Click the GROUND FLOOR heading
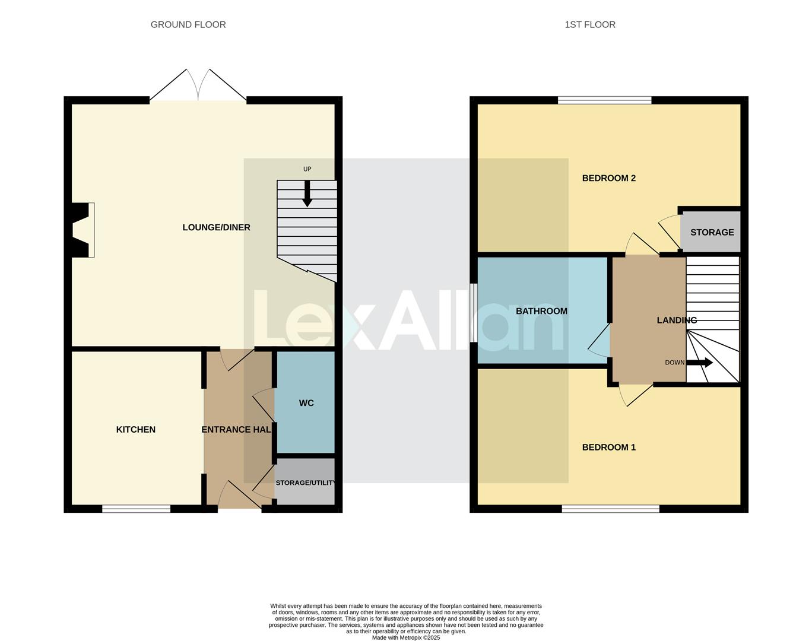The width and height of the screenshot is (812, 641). tap(188, 24)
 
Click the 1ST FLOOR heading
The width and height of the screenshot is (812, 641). tap(589, 24)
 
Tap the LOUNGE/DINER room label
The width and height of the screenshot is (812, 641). tap(216, 227)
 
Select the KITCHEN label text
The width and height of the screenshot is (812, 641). tap(135, 430)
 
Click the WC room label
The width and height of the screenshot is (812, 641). tap(306, 403)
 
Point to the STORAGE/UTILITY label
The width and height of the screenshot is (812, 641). tap(305, 483)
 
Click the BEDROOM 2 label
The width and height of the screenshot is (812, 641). tap(608, 178)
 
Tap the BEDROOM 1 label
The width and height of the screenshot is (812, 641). tap(608, 448)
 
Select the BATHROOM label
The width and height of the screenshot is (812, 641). tap(541, 311)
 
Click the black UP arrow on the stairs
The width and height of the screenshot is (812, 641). tap(307, 193)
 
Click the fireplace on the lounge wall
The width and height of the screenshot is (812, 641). tap(83, 230)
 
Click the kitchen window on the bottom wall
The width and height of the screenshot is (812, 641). tap(136, 509)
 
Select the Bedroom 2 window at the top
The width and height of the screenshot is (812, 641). tap(604, 100)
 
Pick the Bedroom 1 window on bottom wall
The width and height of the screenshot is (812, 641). tap(610, 509)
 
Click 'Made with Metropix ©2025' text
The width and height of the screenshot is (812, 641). tap(406, 637)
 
